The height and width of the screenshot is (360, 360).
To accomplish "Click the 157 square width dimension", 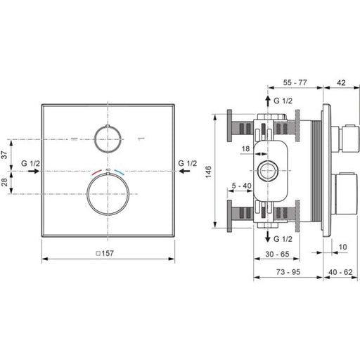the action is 105,253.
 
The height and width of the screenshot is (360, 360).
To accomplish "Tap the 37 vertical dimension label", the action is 4,155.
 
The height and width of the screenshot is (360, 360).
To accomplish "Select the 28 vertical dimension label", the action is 4,182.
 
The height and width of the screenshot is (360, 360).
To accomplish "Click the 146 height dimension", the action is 208,172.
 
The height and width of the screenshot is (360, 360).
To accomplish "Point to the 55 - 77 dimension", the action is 295,82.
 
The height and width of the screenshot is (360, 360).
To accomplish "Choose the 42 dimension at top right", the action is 341,83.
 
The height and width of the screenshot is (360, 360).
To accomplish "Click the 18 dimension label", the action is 245,148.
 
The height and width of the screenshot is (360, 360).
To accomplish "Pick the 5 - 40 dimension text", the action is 241,186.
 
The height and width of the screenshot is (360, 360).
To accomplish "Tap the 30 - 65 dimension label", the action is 277,254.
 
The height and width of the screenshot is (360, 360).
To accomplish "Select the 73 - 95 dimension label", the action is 288,272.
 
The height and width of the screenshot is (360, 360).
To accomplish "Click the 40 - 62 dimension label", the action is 340,272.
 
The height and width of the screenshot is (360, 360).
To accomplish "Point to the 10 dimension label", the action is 342,247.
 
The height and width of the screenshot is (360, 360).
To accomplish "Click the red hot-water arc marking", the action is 96,172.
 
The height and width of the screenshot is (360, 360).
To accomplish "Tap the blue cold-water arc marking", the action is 120,172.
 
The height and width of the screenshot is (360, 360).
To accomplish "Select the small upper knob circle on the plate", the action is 108,139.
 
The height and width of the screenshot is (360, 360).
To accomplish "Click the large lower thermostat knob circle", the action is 108,194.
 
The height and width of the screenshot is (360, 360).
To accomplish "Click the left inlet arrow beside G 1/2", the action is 34,171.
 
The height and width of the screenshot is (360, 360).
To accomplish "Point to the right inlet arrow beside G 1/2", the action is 185,171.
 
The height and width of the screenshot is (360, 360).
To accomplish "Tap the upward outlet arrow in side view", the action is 268,101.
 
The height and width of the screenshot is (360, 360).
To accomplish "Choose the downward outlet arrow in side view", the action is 268,236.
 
